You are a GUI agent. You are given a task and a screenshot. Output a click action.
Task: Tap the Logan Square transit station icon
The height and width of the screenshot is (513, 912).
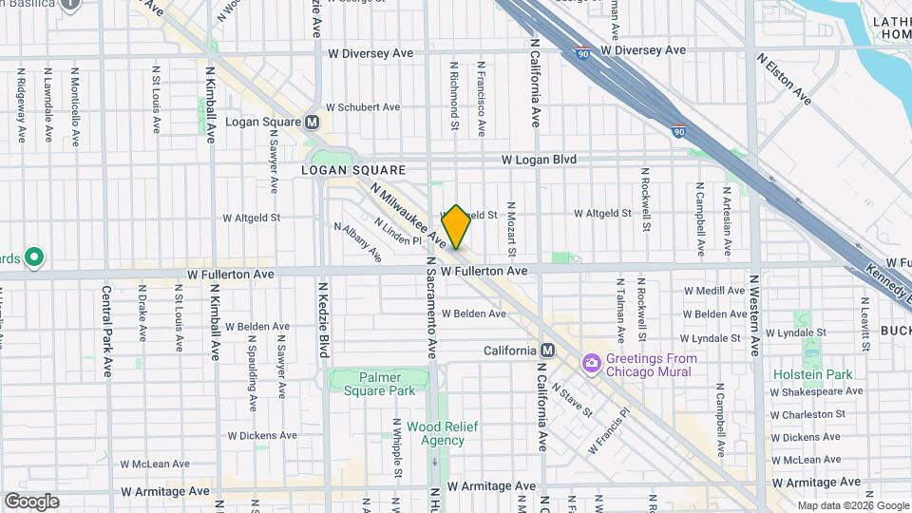pyautogui.click(x=312, y=123)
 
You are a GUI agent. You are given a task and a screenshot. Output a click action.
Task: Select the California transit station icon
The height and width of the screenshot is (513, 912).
pyautogui.click(x=546, y=350)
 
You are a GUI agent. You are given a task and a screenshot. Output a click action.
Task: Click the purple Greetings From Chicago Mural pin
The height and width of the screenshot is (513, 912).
pyautogui.click(x=591, y=363)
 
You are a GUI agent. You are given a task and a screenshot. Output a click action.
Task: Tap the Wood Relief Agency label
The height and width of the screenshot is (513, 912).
pyautogui.click(x=435, y=433)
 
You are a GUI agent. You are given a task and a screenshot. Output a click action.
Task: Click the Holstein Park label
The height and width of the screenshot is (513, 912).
pyautogui.click(x=813, y=374)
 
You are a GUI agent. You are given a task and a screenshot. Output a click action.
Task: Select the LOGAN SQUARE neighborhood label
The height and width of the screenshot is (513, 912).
pyautogui.click(x=353, y=170)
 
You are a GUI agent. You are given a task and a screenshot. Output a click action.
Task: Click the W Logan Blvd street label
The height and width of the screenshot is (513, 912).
pyautogui.click(x=539, y=160)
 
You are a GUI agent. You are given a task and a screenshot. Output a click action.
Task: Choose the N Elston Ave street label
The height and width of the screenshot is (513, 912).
pyautogui.click(x=785, y=79)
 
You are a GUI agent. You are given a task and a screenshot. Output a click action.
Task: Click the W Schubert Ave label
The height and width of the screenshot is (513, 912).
pyautogui.click(x=362, y=108)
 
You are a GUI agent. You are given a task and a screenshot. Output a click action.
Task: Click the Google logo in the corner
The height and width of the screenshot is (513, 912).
pyautogui.click(x=31, y=501)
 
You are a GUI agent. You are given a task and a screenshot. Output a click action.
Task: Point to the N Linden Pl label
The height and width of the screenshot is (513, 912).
pyautogui.click(x=397, y=231)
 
